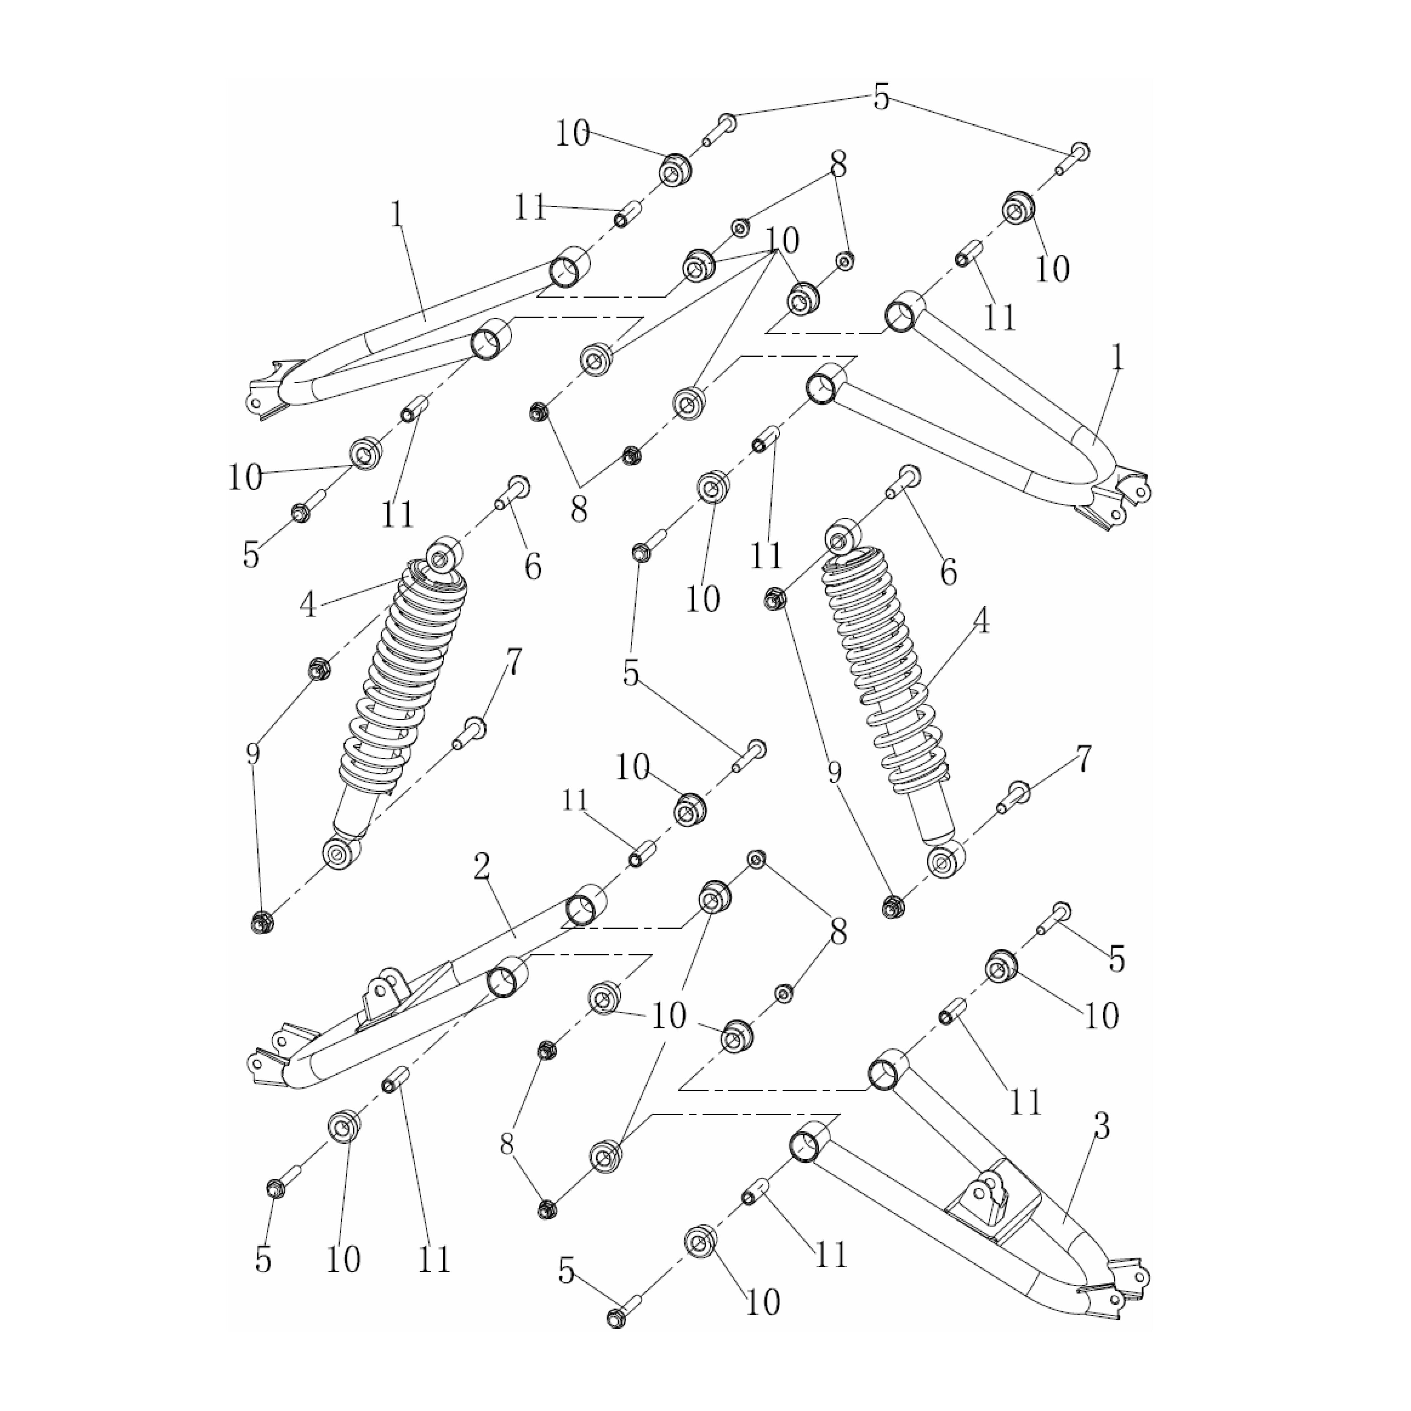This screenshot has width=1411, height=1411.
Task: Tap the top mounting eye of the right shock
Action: point(841,539)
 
